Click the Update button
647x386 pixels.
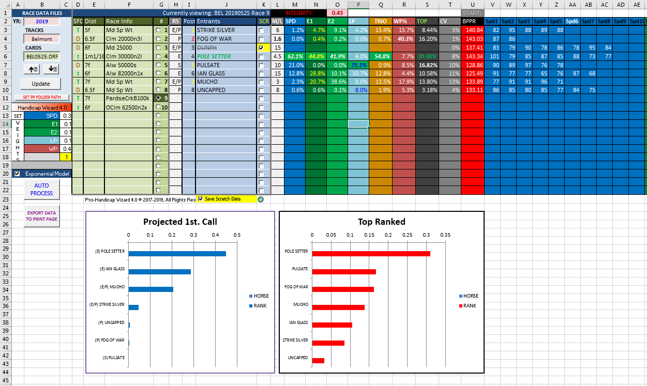click(41, 83)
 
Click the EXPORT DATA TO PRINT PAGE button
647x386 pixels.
click(42, 215)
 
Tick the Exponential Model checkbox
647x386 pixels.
click(18, 174)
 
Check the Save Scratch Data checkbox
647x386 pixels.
click(201, 199)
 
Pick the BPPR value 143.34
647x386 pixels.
click(472, 56)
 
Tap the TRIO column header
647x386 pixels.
click(380, 21)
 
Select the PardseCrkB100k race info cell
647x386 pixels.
click(129, 98)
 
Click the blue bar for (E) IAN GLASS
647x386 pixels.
click(159, 271)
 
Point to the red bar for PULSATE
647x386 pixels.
click(344, 271)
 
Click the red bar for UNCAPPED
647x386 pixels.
click(318, 360)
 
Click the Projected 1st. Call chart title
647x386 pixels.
click(180, 222)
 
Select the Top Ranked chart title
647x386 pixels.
click(381, 222)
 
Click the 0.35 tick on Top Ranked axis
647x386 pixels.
click(445, 234)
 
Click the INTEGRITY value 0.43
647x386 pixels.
click(337, 13)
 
